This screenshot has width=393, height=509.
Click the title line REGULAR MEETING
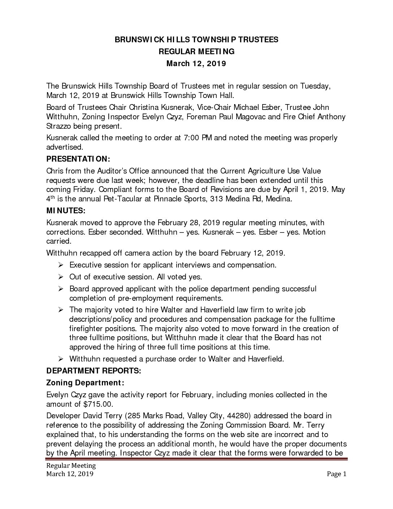196,52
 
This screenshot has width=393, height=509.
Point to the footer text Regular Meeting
71,465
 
